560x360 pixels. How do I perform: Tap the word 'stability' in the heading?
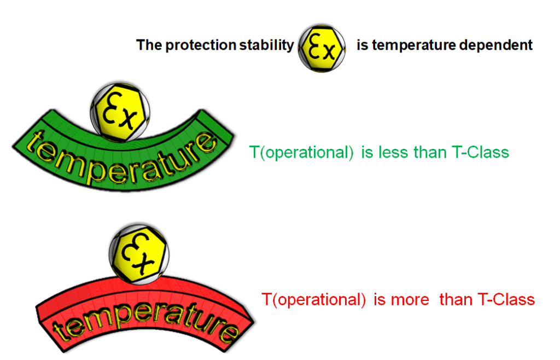tap(266, 45)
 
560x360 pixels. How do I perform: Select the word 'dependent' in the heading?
tap(495, 45)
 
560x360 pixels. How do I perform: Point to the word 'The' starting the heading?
tap(149, 45)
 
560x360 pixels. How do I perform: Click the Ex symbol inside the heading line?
tap(322, 48)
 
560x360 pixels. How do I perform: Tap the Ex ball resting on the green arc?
tap(120, 112)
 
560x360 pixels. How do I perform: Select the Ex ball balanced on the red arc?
tap(139, 254)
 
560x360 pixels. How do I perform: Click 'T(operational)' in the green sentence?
tap(301, 153)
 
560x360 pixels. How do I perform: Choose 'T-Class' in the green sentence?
tap(480, 153)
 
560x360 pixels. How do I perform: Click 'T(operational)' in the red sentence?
tap(313, 300)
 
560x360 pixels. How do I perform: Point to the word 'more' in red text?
tap(410, 300)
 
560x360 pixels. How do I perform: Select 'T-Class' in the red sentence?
tap(506, 300)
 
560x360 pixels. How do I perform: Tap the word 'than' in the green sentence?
tap(430, 153)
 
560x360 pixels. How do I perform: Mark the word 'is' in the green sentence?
tap(367, 153)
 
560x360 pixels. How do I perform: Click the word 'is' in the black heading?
tap(363, 45)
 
